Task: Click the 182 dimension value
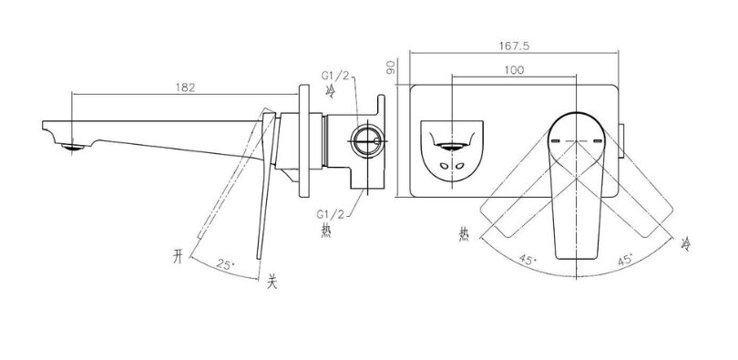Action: tap(186, 87)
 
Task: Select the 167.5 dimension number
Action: tap(515, 46)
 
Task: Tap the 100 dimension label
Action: tap(514, 70)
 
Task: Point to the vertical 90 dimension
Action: tap(390, 67)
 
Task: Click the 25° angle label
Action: tap(225, 264)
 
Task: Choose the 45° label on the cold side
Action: tap(625, 260)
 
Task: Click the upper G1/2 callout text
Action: tap(335, 76)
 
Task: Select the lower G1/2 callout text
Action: tap(330, 214)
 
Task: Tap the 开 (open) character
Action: tap(178, 257)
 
